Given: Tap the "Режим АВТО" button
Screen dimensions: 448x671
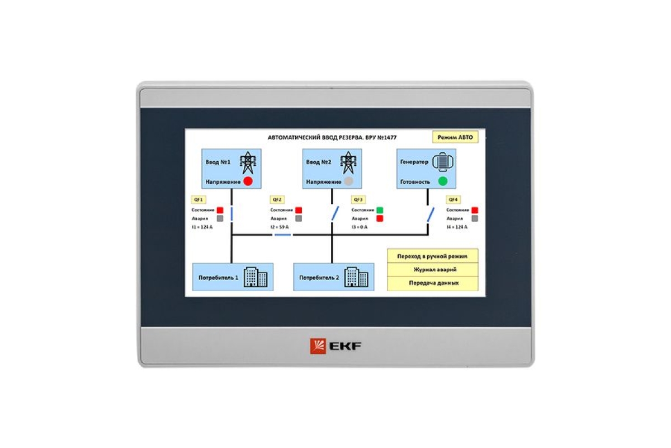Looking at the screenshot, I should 455,138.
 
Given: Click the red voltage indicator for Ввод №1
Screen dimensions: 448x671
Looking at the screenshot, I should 248,181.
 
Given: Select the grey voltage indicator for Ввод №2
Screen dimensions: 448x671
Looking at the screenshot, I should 348,181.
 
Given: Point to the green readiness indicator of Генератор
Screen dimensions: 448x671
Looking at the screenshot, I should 443,181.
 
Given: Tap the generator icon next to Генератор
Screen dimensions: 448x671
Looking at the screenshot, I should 443,161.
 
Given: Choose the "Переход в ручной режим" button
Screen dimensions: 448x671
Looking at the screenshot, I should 433,256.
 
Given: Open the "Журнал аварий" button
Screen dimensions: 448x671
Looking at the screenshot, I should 433,269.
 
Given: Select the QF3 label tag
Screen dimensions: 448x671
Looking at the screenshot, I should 358,199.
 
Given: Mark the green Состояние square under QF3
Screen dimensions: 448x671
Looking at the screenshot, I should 380,210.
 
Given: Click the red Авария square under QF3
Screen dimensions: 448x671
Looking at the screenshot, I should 380,218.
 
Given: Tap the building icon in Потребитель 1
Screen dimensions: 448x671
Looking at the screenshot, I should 256,277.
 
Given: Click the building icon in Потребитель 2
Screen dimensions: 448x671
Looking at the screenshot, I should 356,277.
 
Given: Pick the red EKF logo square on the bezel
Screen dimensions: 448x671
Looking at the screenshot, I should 318,346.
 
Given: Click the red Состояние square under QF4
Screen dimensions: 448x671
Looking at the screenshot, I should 475,210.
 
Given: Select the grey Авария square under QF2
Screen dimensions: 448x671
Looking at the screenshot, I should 299,218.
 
